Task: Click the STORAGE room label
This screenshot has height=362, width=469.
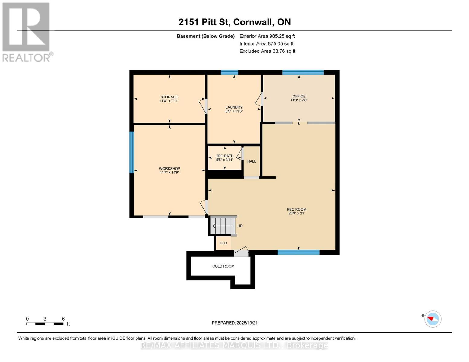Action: [x=169, y=97]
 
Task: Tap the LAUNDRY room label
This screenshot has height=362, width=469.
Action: [x=234, y=107]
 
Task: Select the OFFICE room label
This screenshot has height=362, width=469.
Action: [x=299, y=97]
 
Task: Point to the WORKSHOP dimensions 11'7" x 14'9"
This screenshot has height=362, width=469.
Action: [x=169, y=173]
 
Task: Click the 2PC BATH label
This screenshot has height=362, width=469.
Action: [x=225, y=156]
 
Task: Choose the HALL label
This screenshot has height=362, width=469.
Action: [x=252, y=161]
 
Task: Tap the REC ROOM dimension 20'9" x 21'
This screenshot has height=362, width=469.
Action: [x=296, y=214]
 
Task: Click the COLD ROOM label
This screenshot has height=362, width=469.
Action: [x=223, y=266]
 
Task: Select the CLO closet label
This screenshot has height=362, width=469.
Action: [x=223, y=243]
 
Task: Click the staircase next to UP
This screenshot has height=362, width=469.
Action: [x=223, y=226]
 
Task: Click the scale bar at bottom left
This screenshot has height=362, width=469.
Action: [x=45, y=324]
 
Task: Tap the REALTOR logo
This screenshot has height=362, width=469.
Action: [x=26, y=32]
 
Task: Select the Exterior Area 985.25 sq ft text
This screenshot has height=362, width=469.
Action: [x=267, y=36]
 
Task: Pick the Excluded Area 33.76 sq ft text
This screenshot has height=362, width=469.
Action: [x=267, y=51]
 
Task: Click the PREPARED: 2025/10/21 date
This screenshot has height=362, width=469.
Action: [x=234, y=323]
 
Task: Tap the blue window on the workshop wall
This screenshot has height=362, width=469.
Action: [x=131, y=152]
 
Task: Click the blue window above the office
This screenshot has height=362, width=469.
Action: [x=303, y=72]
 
